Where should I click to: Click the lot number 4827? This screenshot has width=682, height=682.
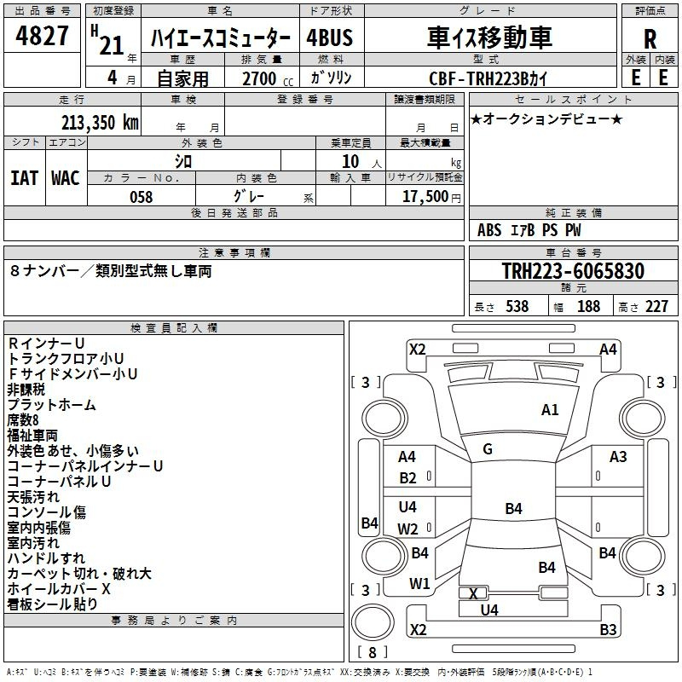click(x=42, y=36)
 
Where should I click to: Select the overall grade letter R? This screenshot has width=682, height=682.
click(x=650, y=39)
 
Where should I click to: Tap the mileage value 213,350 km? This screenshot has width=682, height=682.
click(x=100, y=123)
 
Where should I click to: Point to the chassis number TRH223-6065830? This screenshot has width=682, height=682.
click(x=573, y=270)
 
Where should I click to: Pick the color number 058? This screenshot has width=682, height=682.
click(x=142, y=197)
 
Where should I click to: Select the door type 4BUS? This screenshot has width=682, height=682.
click(x=330, y=38)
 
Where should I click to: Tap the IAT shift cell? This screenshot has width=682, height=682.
click(x=24, y=178)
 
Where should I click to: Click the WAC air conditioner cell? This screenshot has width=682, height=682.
click(x=66, y=178)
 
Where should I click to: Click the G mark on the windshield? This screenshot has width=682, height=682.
click(x=488, y=449)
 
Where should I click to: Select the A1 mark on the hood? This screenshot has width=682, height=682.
click(x=550, y=410)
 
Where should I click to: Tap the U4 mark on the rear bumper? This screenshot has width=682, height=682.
click(x=489, y=610)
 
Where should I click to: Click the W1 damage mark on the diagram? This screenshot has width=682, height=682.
click(x=419, y=584)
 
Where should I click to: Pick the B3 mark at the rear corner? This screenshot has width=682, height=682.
click(x=608, y=629)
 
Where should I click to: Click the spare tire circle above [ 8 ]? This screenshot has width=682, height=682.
click(x=373, y=622)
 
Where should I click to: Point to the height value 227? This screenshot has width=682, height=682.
click(x=656, y=306)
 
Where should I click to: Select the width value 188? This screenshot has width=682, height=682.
click(x=588, y=306)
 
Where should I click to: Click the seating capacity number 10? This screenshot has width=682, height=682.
click(x=350, y=162)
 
